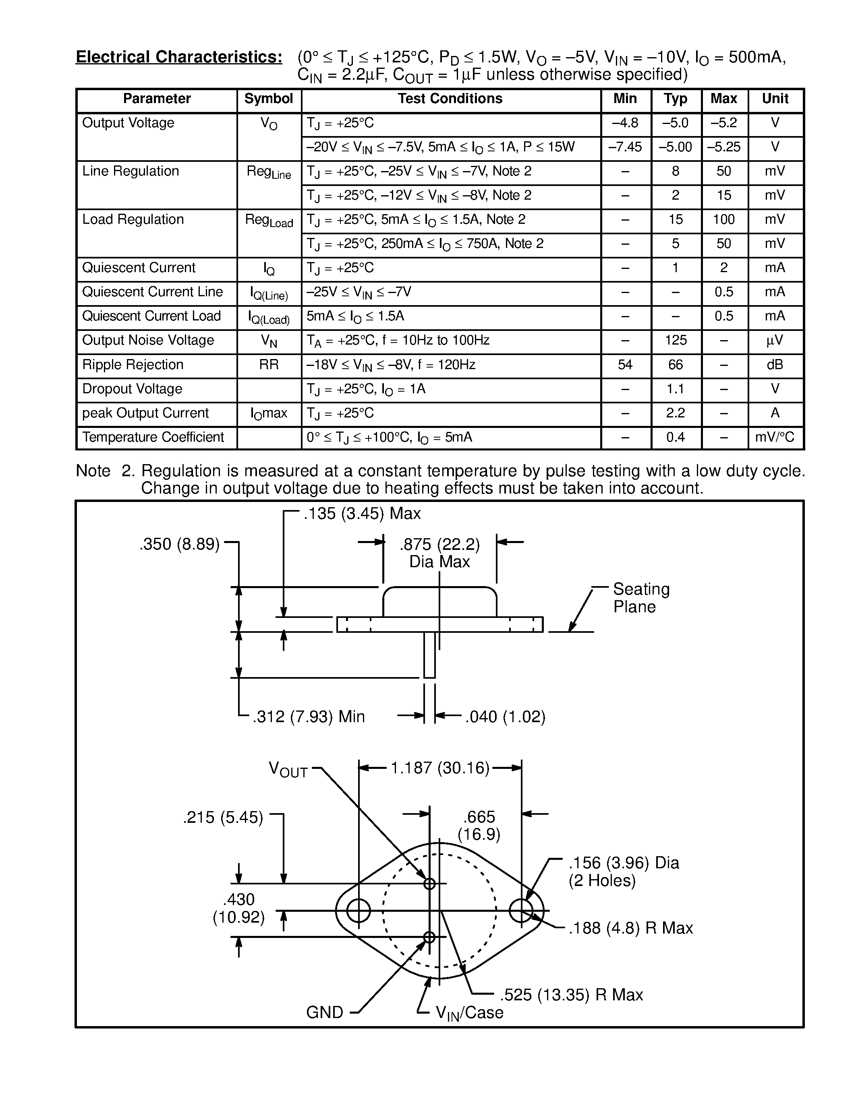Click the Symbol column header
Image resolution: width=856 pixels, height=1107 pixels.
(x=268, y=99)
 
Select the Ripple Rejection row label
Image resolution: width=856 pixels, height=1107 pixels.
(x=133, y=365)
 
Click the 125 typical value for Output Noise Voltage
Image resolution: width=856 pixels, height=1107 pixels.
(x=676, y=340)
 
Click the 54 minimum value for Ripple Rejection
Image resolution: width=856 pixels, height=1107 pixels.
(x=625, y=365)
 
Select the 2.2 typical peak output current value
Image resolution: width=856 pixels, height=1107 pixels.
(x=676, y=413)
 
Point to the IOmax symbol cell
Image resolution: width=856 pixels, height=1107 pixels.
(x=268, y=413)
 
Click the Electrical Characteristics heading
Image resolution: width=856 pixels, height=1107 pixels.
(x=179, y=57)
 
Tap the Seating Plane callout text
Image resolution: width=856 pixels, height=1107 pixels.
(x=640, y=598)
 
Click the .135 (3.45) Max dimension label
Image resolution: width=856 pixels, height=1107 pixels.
(x=362, y=514)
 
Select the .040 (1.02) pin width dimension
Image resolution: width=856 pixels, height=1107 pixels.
(x=505, y=717)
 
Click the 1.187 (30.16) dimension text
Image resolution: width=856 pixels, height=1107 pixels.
(x=439, y=768)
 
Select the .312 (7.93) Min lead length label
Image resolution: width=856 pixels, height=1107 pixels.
(x=309, y=717)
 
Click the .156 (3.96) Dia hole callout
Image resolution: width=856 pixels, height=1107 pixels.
(x=623, y=863)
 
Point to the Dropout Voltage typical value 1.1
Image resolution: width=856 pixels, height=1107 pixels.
(x=676, y=389)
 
